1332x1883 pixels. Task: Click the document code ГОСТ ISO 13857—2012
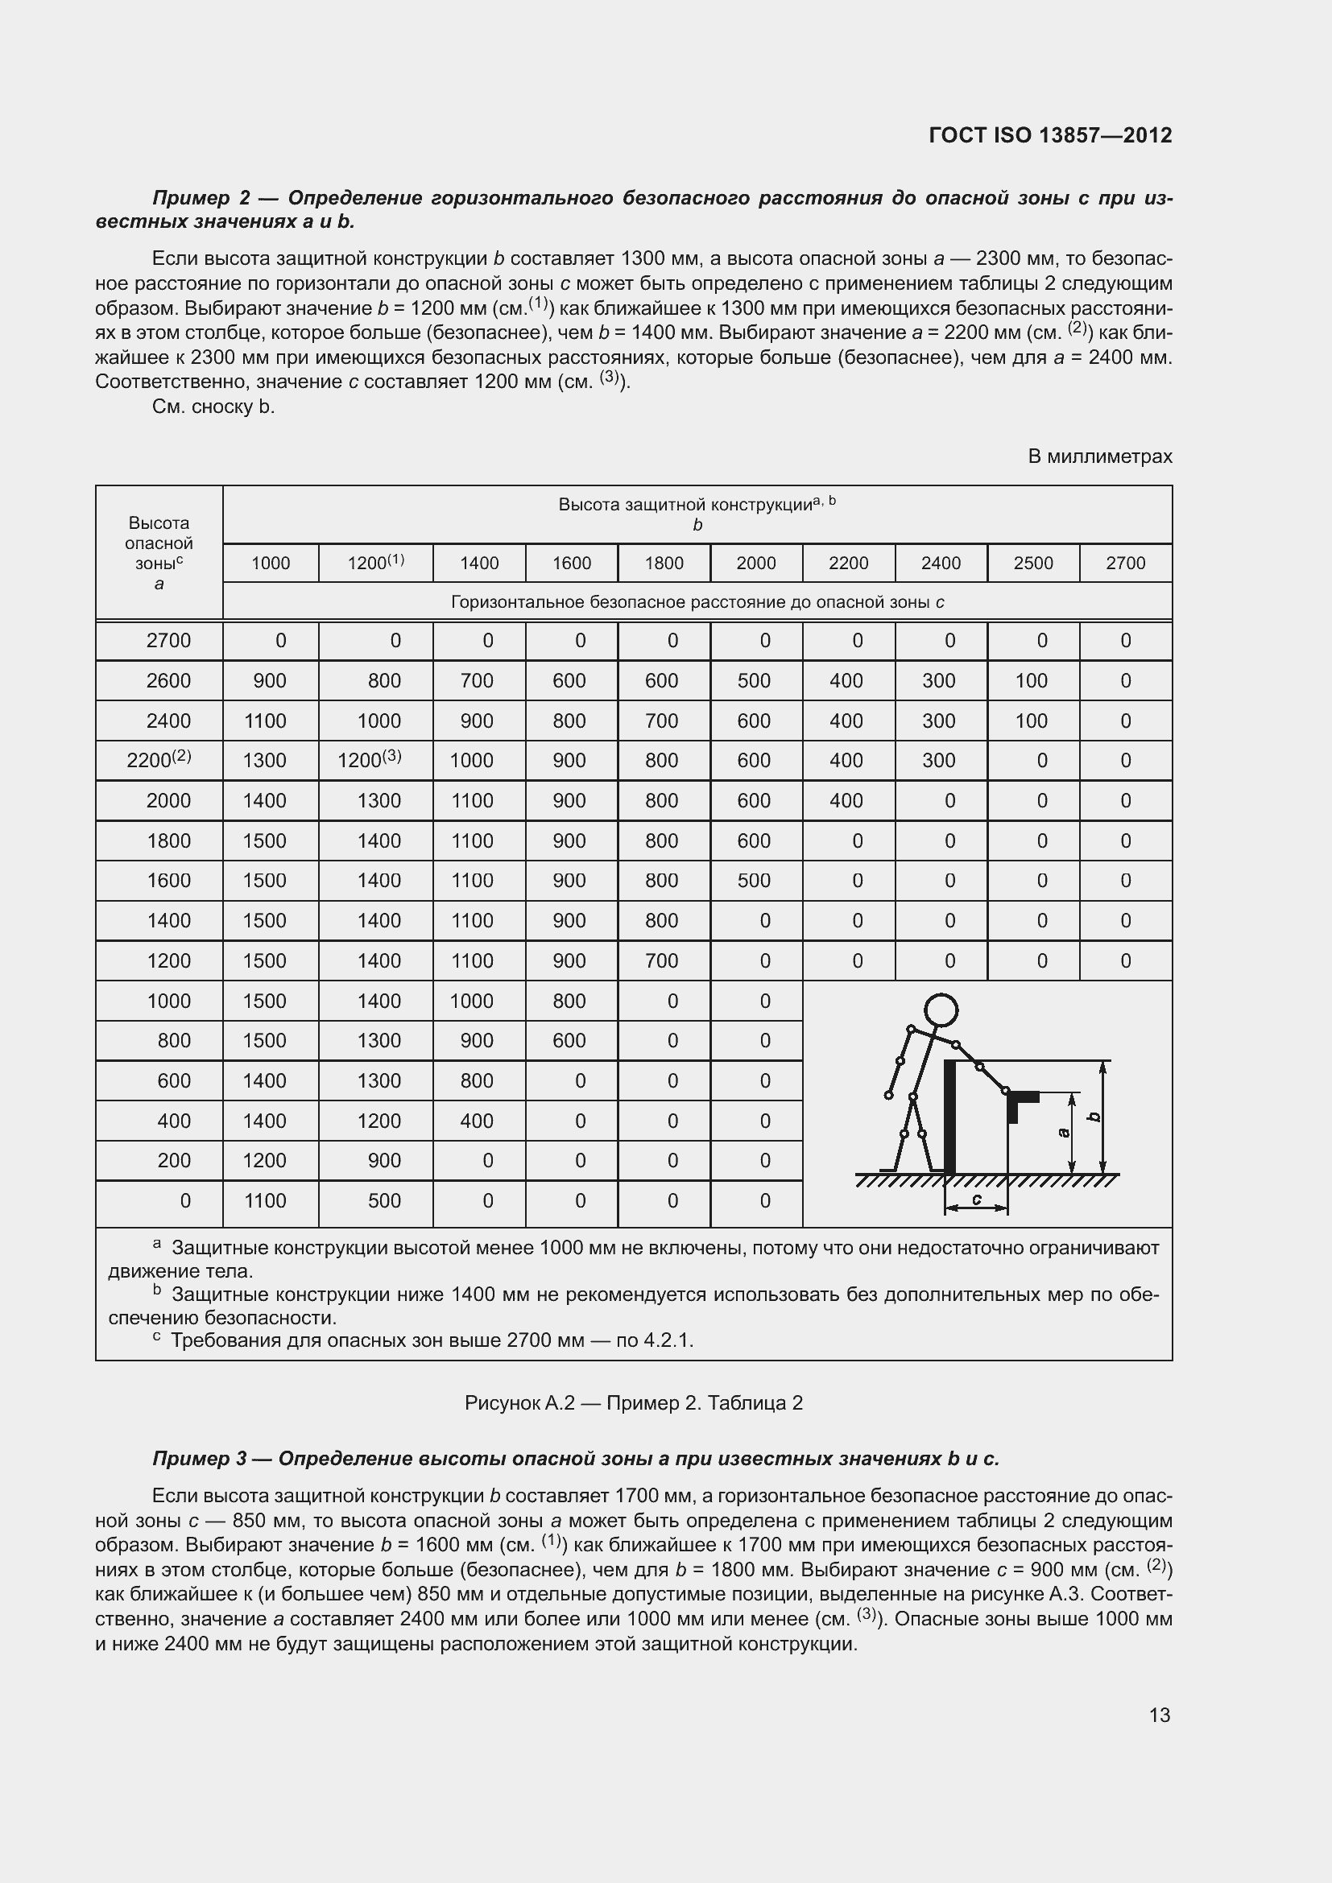coord(1050,134)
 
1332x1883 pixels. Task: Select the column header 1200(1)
coord(375,563)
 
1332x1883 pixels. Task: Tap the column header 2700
coord(1125,563)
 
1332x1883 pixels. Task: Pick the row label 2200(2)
coord(159,759)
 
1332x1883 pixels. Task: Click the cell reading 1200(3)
coord(369,759)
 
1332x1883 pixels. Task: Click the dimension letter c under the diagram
coord(976,1199)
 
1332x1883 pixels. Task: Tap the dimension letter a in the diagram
coord(1064,1133)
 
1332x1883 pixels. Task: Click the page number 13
coord(1159,1715)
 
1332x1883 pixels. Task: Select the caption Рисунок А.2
coord(519,1402)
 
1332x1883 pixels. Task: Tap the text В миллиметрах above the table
coord(1100,456)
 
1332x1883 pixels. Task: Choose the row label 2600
coord(168,681)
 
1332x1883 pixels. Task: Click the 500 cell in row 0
coord(384,1200)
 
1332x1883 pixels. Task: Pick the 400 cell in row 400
coord(477,1121)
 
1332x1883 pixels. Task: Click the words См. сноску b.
coord(213,407)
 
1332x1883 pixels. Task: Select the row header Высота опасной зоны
coord(159,553)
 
